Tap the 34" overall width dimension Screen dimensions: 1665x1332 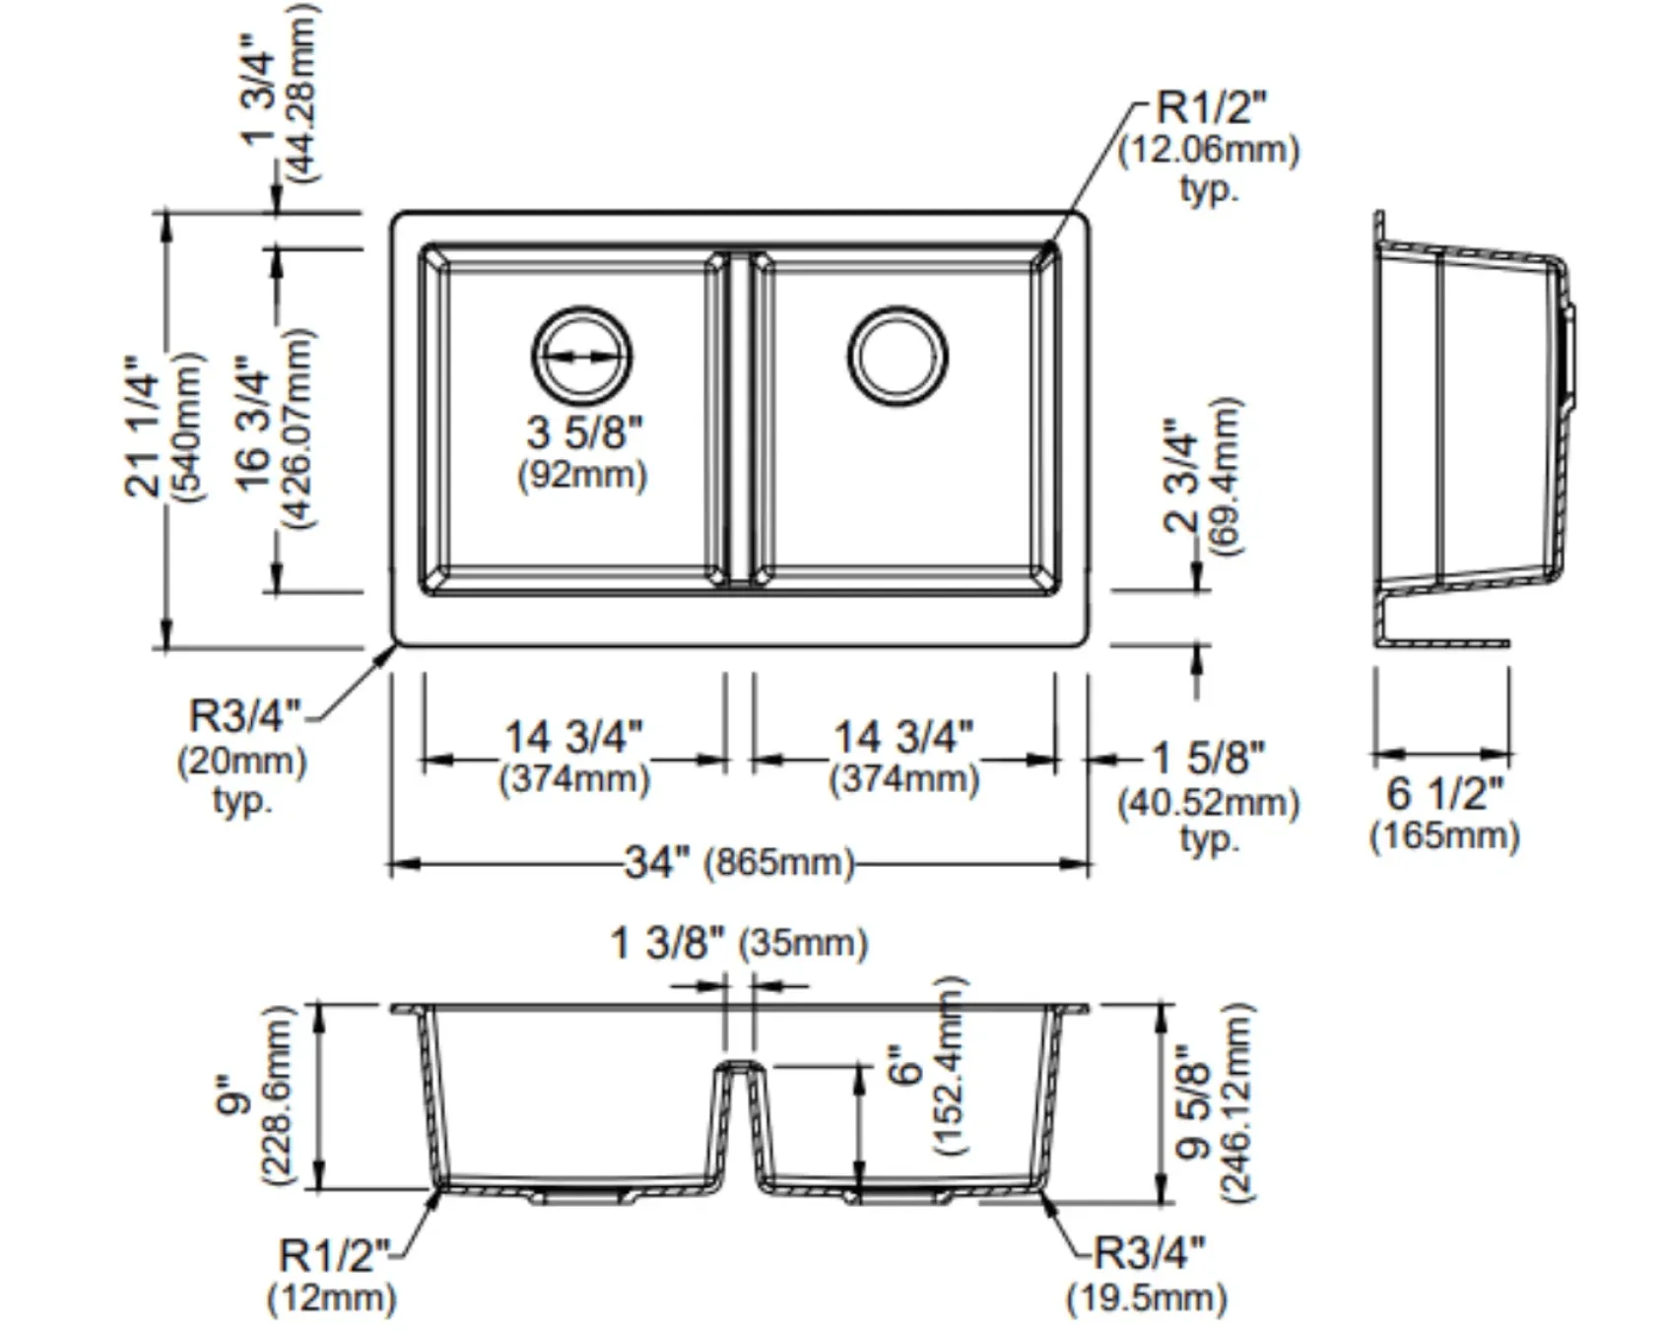(x=656, y=863)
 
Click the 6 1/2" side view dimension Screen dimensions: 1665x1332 (x=1445, y=794)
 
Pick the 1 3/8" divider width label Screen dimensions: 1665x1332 (x=667, y=943)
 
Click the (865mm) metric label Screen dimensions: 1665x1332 (x=778, y=863)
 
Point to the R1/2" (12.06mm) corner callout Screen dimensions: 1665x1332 (x=1210, y=145)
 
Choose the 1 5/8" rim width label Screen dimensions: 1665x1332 (x=1209, y=758)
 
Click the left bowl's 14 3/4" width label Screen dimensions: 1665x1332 (x=573, y=737)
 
